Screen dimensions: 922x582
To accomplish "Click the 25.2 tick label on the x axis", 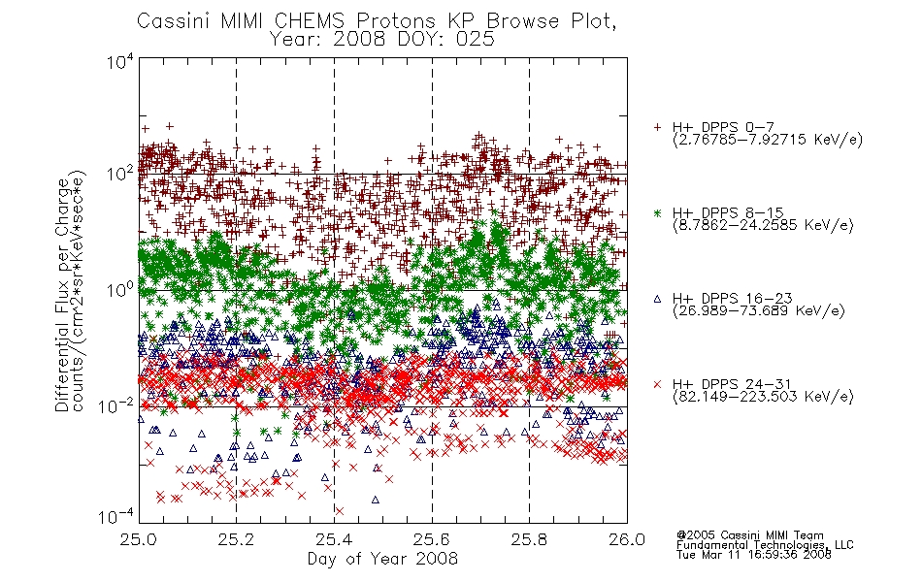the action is point(236,539).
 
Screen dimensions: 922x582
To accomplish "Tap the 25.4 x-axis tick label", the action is point(334,539).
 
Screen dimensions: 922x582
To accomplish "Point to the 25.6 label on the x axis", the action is point(432,539).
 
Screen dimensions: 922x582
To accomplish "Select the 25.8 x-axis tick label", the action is point(529,539).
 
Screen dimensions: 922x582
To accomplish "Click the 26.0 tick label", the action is point(627,539).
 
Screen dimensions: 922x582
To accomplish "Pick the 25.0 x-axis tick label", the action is point(138,539).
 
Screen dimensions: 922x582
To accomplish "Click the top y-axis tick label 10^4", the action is point(120,62).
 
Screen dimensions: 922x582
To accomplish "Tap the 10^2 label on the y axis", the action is point(120,174).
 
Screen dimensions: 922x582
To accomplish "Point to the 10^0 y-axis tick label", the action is point(120,290).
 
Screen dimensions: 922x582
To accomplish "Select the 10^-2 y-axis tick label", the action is point(116,405).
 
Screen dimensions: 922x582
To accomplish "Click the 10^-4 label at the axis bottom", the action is point(116,516).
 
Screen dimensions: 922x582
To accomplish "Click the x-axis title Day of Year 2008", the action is point(382,559).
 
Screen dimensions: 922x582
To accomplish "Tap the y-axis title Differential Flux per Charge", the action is point(62,295).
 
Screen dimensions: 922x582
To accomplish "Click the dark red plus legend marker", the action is point(657,127).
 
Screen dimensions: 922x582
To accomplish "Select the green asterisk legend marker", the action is point(657,213).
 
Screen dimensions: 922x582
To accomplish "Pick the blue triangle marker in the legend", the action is point(657,299).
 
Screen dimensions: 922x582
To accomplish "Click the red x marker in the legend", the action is point(657,384).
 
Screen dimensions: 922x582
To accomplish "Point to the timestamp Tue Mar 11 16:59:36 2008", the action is point(754,555).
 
